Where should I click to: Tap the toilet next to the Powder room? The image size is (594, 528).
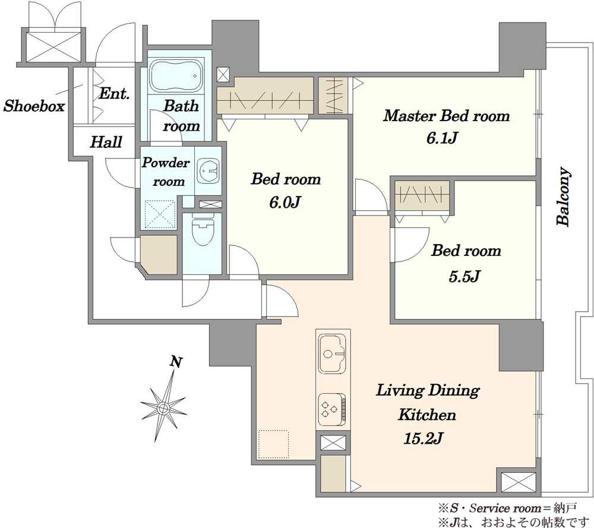click(203, 229)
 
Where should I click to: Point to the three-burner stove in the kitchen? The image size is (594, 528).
click(332, 409)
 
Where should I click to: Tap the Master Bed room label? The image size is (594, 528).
click(446, 116)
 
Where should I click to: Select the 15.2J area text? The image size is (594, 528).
click(423, 438)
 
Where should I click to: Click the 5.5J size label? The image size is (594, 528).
click(465, 277)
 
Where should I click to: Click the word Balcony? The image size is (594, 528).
click(563, 197)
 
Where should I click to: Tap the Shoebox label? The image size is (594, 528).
click(34, 106)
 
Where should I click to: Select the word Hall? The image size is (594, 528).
click(106, 142)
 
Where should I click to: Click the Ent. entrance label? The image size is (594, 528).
click(115, 93)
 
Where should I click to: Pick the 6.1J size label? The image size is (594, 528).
click(442, 138)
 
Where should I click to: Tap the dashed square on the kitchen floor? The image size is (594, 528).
click(273, 444)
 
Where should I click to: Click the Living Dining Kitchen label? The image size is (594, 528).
click(427, 402)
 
